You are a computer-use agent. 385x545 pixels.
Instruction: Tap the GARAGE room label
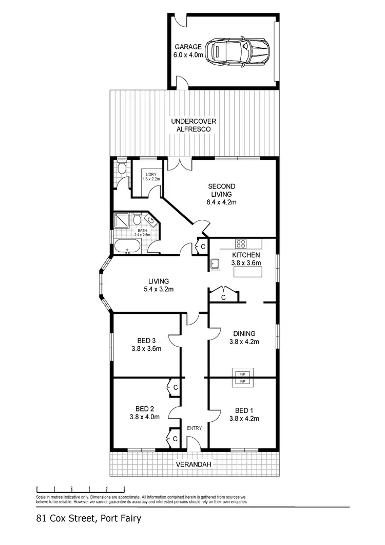tap(187, 47)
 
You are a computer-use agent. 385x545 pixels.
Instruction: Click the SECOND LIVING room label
tap(221, 186)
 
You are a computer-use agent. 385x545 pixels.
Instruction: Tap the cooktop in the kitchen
tap(240, 243)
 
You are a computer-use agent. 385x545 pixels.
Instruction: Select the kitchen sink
tap(215, 264)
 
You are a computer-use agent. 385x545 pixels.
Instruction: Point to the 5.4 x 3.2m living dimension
tap(159, 289)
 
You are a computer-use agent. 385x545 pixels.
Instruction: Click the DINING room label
tap(244, 333)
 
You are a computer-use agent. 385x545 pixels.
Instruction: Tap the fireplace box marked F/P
tap(242, 378)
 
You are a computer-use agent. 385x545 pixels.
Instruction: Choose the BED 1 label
tap(244, 410)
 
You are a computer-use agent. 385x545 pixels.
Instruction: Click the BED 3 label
tap(146, 341)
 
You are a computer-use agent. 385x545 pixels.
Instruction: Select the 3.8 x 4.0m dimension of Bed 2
tap(145, 417)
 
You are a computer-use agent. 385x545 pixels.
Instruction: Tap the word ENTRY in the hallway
tap(194, 428)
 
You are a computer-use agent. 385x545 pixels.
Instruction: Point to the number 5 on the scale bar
tap(124, 488)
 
